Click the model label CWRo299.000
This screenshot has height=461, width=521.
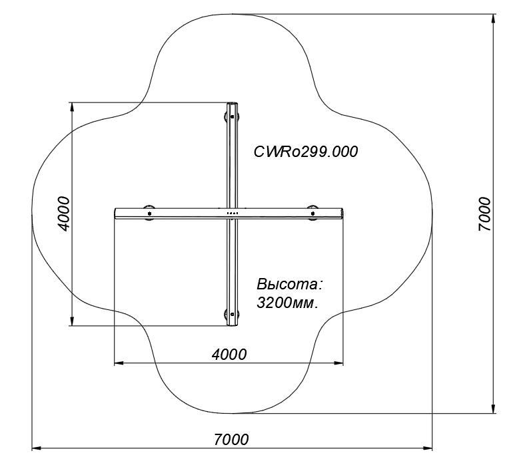(x=306, y=152)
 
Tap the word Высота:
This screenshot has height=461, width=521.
(x=289, y=284)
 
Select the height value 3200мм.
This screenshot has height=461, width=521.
(x=287, y=303)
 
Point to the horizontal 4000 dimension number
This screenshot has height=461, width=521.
(x=229, y=354)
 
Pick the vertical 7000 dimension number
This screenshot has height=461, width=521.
(x=484, y=214)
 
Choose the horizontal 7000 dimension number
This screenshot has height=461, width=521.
(x=231, y=439)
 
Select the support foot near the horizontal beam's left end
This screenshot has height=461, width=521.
(x=148, y=214)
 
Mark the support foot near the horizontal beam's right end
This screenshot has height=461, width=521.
(x=312, y=213)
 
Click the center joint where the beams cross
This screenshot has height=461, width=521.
(x=231, y=213)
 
